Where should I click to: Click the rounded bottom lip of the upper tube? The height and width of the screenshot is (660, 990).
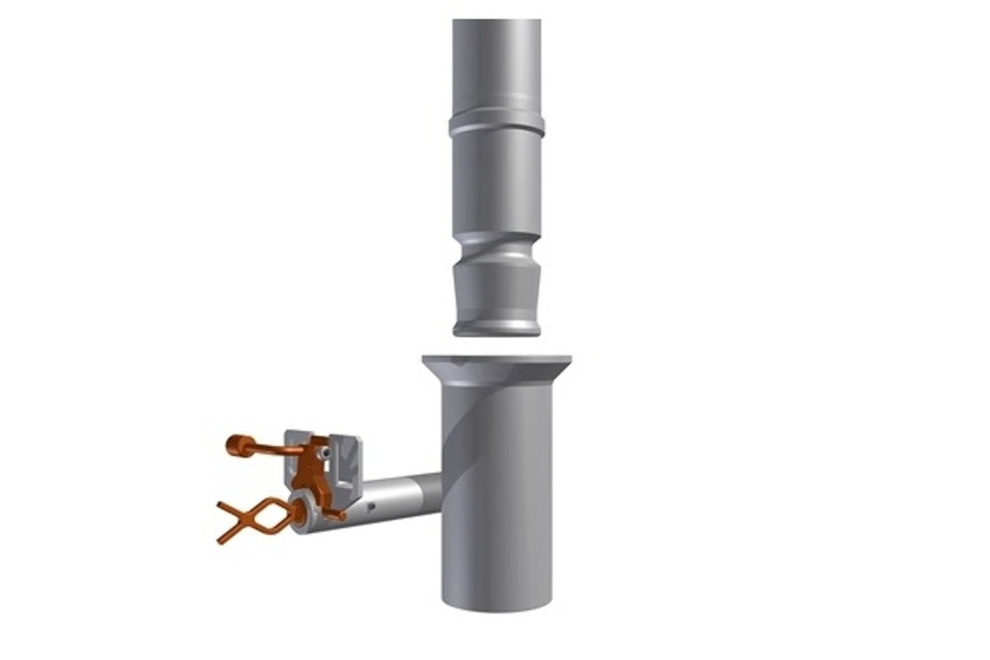pyautogui.click(x=497, y=329)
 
